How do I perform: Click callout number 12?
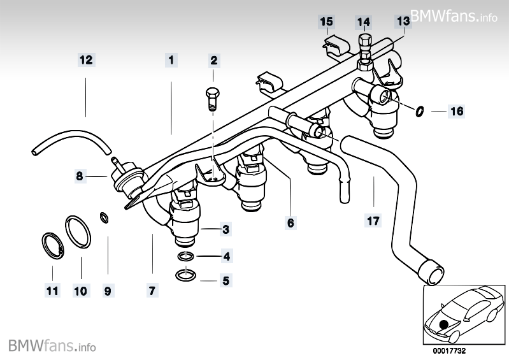pyautogui.click(x=86, y=60)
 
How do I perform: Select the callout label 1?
pyautogui.click(x=171, y=60)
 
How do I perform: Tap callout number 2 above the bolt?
pyautogui.click(x=214, y=61)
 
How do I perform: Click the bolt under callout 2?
pyautogui.click(x=211, y=99)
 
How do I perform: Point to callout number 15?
pyautogui.click(x=326, y=22)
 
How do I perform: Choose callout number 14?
pyautogui.click(x=363, y=22)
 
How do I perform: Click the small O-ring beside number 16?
pyautogui.click(x=419, y=112)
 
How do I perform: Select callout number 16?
pyautogui.click(x=456, y=112)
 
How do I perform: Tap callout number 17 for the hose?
pyautogui.click(x=373, y=220)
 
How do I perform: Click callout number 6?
pyautogui.click(x=290, y=223)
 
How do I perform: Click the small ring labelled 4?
pyautogui.click(x=185, y=257)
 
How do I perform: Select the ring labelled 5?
pyautogui.click(x=185, y=275)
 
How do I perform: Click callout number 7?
pyautogui.click(x=152, y=291)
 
